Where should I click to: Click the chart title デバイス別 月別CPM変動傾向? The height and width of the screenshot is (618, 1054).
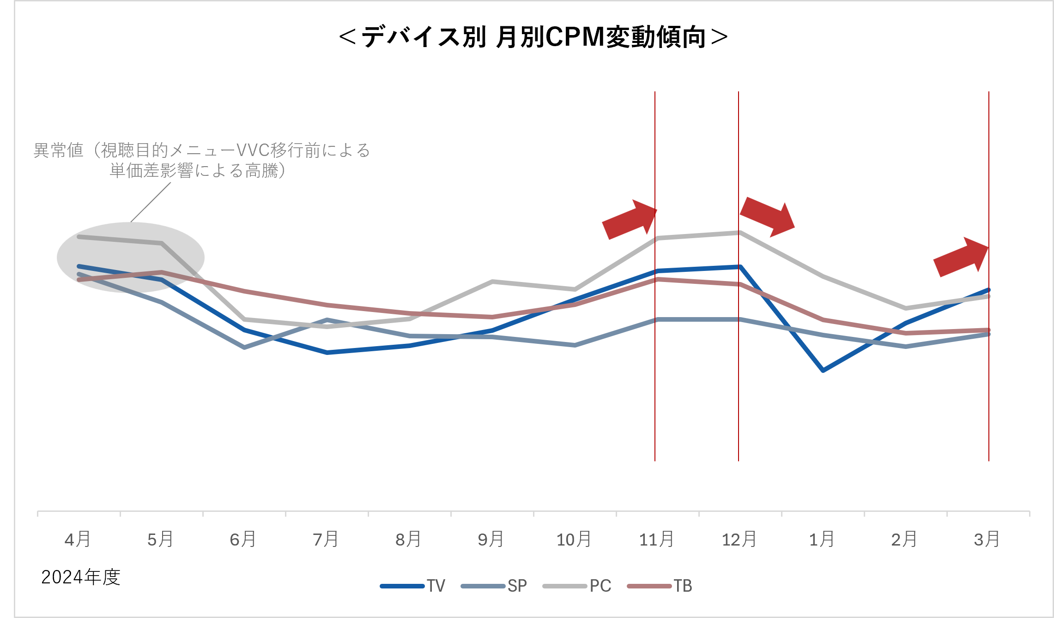pyautogui.click(x=533, y=37)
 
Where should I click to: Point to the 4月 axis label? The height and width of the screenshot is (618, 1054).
pyautogui.click(x=78, y=539)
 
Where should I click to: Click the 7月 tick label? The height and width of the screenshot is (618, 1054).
pyautogui.click(x=326, y=539)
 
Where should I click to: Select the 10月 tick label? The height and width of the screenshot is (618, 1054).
pyautogui.click(x=574, y=539)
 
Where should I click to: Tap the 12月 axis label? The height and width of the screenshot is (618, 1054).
pyautogui.click(x=739, y=539)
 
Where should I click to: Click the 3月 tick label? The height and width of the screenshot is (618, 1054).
pyautogui.click(x=987, y=539)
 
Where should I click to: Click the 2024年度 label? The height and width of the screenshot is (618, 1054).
pyautogui.click(x=81, y=577)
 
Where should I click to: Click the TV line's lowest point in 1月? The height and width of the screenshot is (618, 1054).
pyautogui.click(x=823, y=370)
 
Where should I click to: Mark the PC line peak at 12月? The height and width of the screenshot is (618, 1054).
pyautogui.click(x=739, y=233)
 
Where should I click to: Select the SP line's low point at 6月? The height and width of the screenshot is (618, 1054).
pyautogui.click(x=244, y=347)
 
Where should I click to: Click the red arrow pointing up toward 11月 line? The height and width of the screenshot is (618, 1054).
pyautogui.click(x=629, y=220)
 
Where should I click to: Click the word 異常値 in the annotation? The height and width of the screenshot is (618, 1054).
pyautogui.click(x=59, y=150)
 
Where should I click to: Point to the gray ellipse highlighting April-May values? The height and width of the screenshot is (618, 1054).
pyautogui.click(x=131, y=257)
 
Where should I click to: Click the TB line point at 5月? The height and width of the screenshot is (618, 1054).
pyautogui.click(x=162, y=272)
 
